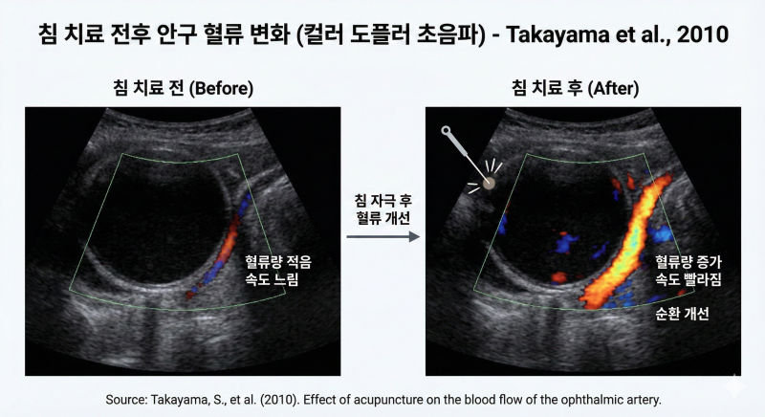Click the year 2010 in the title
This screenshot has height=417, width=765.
[x=703, y=34]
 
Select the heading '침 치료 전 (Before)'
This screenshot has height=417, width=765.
[x=183, y=88]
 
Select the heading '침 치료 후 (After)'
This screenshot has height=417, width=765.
[x=576, y=88]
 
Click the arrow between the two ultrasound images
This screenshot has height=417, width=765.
[x=383, y=237]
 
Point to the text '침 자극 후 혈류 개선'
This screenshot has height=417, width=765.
[x=383, y=208]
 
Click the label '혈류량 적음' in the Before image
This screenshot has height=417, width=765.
[x=278, y=262]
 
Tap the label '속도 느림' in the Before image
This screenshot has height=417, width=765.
[x=272, y=279]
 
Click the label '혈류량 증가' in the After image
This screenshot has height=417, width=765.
[x=688, y=262]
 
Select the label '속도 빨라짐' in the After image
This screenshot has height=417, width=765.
[x=688, y=279]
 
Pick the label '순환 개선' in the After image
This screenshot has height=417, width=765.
[x=682, y=313]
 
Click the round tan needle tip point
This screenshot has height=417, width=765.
[x=489, y=183]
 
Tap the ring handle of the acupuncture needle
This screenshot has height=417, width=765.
[x=446, y=130]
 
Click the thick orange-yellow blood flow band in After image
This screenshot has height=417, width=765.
[x=626, y=244]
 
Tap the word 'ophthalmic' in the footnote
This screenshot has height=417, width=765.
[x=585, y=401]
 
